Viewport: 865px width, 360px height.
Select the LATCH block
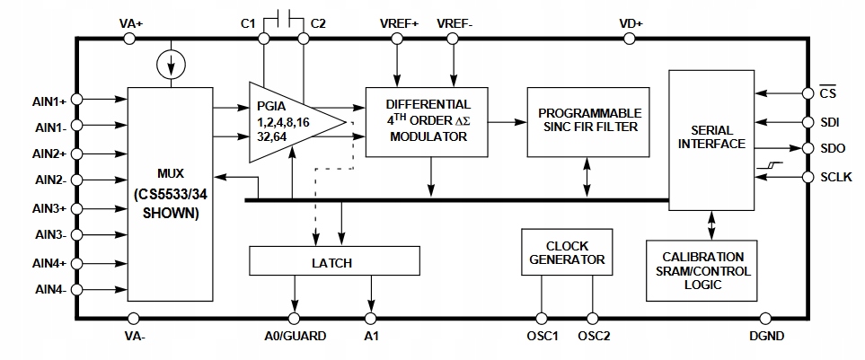[334, 262]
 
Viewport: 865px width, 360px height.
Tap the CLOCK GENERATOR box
[566, 252]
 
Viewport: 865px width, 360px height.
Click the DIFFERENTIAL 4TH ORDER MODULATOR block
[428, 121]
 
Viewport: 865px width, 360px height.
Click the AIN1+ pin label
[45, 100]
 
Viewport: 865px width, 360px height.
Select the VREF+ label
[399, 22]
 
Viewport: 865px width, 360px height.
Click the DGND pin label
[765, 336]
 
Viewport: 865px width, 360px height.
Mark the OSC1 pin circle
[542, 318]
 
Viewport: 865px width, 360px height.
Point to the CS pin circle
[806, 92]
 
